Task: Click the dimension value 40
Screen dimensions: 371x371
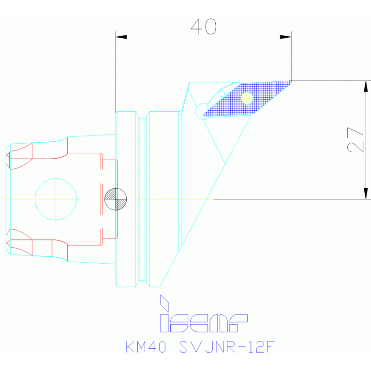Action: coord(203,27)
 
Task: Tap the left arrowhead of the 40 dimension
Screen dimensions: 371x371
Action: coord(121,37)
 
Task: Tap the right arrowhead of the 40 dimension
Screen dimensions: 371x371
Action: coord(285,37)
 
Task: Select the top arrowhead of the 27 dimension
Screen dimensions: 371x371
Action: coord(366,87)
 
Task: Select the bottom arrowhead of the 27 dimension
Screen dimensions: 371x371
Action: coord(366,193)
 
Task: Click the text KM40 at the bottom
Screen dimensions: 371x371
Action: coord(146,347)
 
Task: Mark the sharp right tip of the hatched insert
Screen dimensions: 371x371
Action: coord(290,82)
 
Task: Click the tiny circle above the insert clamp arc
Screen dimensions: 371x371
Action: coord(222,93)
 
